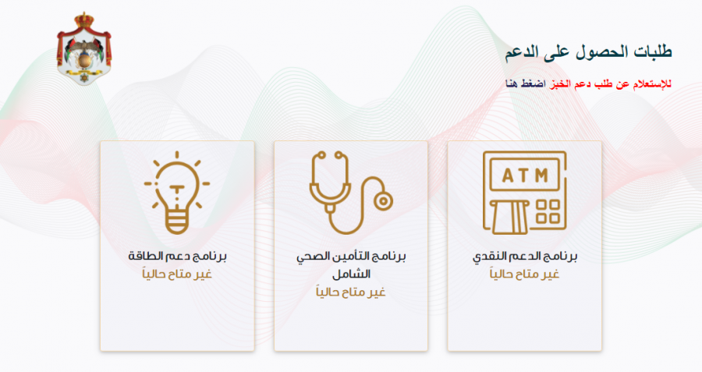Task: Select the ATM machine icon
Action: click(x=524, y=191)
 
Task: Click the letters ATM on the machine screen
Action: click(x=524, y=175)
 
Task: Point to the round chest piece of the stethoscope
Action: click(x=382, y=199)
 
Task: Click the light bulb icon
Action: click(x=176, y=191)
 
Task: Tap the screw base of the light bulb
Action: click(x=176, y=224)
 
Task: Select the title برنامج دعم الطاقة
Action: click(x=176, y=257)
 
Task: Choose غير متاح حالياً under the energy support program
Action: click(x=176, y=274)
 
